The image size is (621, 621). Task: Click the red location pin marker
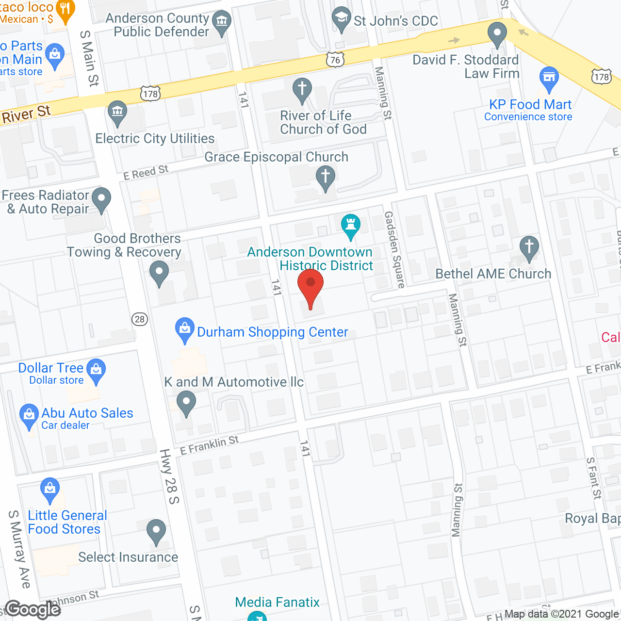[x=310, y=287]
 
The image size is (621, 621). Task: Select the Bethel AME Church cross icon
[x=529, y=247]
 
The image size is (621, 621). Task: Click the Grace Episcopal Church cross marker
[x=326, y=177]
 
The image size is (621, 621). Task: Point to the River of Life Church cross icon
[x=302, y=89]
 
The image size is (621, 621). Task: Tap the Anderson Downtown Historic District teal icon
[x=350, y=225]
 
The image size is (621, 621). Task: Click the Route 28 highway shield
[x=140, y=319]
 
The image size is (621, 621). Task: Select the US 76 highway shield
[x=335, y=60]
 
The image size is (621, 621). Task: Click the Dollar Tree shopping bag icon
[x=96, y=370]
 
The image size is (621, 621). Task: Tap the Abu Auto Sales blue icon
[x=29, y=415]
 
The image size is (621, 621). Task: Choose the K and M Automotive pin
[x=186, y=402]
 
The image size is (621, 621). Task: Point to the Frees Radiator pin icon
[x=101, y=198]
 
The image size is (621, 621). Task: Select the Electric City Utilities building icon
[x=117, y=112]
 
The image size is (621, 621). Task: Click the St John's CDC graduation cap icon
[x=342, y=18]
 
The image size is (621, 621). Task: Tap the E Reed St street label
[x=146, y=172]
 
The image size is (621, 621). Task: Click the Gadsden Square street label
[x=394, y=249]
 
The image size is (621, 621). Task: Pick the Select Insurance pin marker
[x=156, y=530]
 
